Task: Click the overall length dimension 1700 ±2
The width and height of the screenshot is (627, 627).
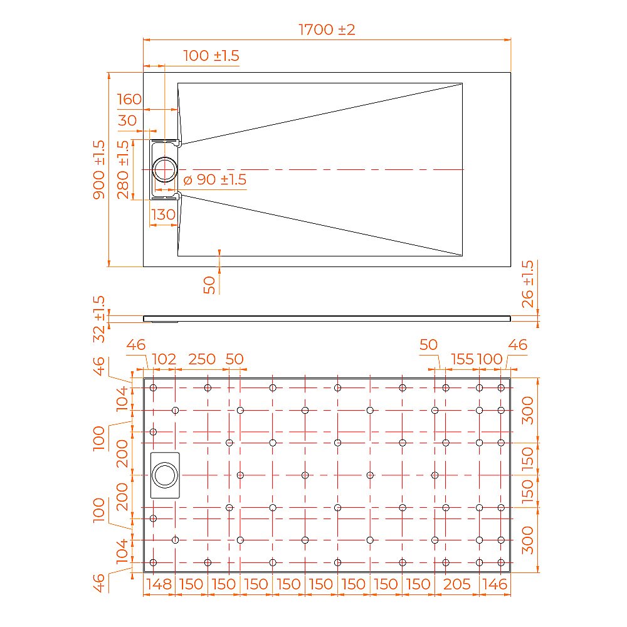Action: (x=327, y=29)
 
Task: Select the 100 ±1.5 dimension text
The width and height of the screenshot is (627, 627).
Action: (x=211, y=56)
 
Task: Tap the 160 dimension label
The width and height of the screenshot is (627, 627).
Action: (x=129, y=100)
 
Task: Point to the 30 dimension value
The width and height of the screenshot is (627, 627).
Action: (x=127, y=120)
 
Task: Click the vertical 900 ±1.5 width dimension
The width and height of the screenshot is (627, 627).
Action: (x=99, y=169)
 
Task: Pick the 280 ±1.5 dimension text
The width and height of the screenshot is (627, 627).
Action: (x=123, y=169)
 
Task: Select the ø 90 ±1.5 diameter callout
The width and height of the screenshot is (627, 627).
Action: (x=214, y=180)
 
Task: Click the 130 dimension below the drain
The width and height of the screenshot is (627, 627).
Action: (x=163, y=214)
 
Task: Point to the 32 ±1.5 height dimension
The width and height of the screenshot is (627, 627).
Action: (x=99, y=319)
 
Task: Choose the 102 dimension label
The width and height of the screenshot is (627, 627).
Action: (x=164, y=359)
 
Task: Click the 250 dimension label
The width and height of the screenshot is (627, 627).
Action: (x=202, y=359)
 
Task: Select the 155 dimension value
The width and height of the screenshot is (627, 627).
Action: (x=462, y=359)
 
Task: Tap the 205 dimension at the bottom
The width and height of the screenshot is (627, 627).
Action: (x=456, y=584)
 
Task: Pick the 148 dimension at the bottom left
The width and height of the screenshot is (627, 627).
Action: (x=158, y=584)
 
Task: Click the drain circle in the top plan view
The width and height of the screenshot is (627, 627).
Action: (x=166, y=169)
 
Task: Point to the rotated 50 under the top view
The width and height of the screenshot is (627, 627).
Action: (x=211, y=285)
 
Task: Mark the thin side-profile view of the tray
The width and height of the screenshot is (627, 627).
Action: (x=326, y=318)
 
